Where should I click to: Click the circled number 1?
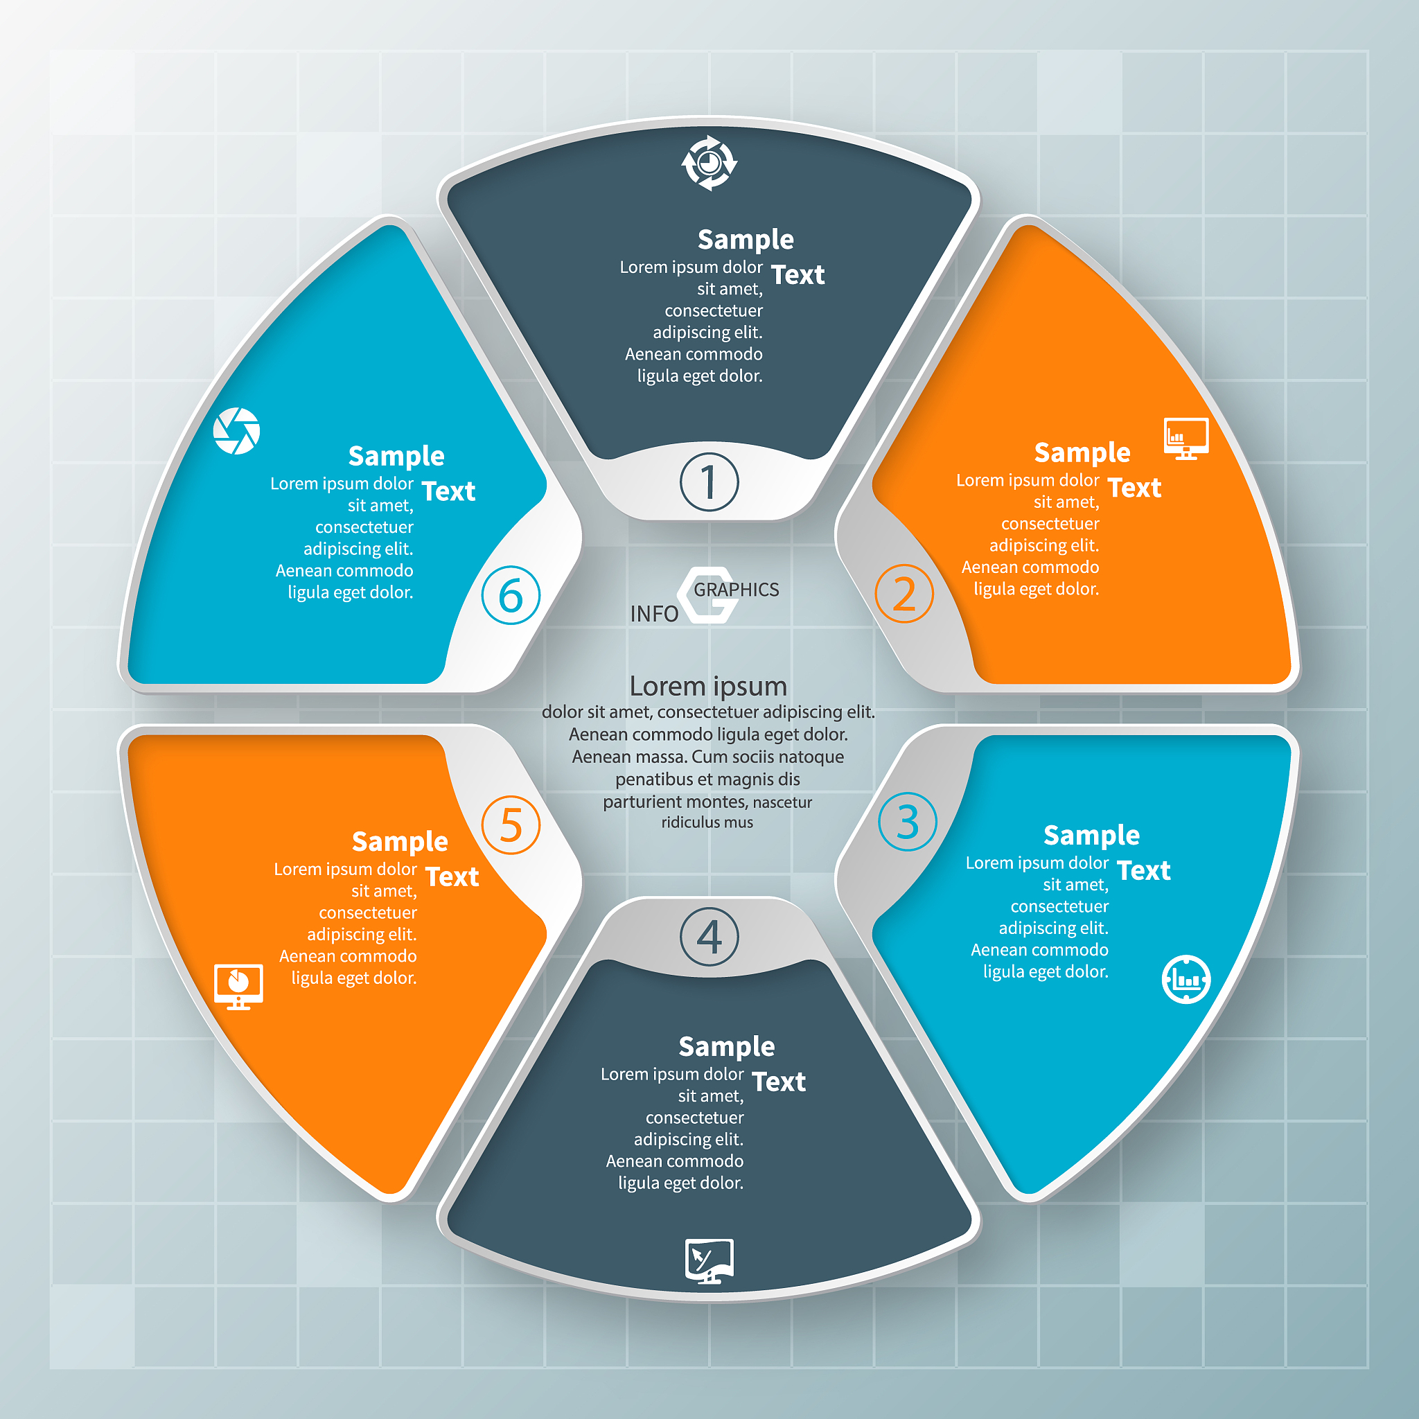click(x=709, y=482)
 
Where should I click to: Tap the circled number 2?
click(x=904, y=594)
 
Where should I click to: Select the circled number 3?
click(x=908, y=821)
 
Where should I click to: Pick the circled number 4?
click(x=709, y=937)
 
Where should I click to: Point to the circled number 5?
click(x=511, y=825)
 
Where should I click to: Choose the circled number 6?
click(x=511, y=595)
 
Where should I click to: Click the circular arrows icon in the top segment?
click(x=709, y=163)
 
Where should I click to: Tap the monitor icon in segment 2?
click(x=1186, y=439)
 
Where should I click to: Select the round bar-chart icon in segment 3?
click(x=1186, y=979)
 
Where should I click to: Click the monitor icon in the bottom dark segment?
click(x=709, y=1261)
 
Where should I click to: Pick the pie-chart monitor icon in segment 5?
click(x=238, y=987)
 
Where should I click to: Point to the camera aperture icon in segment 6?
click(x=236, y=431)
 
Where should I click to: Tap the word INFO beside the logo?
click(x=653, y=614)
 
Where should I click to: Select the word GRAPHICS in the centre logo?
click(x=736, y=590)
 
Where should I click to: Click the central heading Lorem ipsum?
click(x=708, y=686)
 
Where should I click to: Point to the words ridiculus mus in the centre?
click(x=707, y=822)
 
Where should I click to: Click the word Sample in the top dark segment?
click(x=746, y=240)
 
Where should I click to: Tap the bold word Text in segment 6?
click(x=448, y=491)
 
